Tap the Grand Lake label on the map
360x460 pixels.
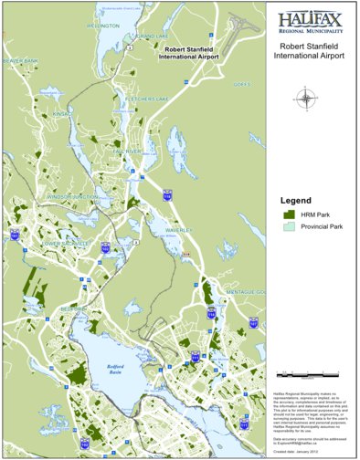156,37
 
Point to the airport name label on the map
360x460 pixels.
189,53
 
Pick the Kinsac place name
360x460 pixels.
61,114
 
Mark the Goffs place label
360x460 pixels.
242,84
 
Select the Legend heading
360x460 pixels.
296,200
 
